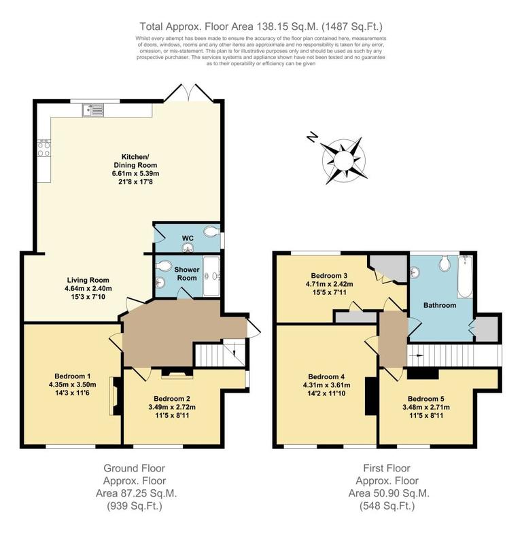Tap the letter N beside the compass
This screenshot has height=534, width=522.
click(312, 138)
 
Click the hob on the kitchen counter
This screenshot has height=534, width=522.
click(44, 149)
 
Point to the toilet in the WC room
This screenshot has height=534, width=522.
click(213, 232)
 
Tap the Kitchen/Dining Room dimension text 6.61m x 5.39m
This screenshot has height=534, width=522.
click(135, 174)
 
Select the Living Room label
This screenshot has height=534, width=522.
click(88, 280)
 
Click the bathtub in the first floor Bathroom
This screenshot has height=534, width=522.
click(466, 277)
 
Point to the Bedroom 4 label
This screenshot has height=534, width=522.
click(326, 377)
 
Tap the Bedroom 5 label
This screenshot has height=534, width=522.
click(426, 399)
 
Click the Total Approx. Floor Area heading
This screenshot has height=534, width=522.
click(261, 26)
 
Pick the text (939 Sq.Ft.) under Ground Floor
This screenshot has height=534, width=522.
click(134, 506)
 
